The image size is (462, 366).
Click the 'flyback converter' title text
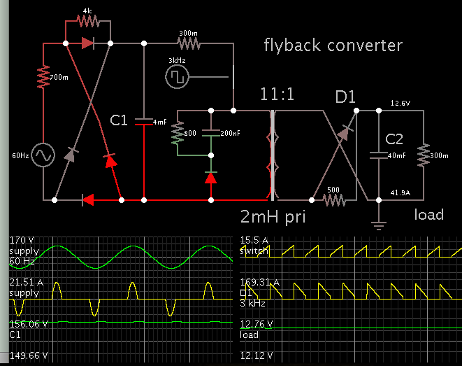[x=333, y=46]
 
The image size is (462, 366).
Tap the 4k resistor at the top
[x=87, y=22]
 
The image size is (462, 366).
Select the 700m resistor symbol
[x=43, y=76]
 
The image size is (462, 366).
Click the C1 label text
[x=119, y=120]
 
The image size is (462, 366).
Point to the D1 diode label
[x=345, y=97]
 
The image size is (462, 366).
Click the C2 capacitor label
[x=393, y=138]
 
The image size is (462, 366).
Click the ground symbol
[x=378, y=224]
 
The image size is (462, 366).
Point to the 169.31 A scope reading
[x=261, y=283]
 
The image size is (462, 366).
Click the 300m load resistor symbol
[x=422, y=155]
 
